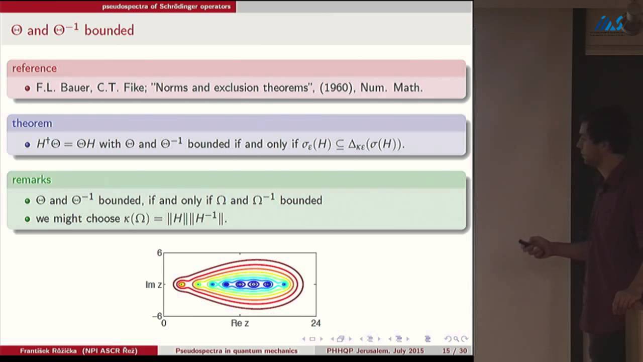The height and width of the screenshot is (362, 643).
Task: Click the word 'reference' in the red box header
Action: [x=34, y=68]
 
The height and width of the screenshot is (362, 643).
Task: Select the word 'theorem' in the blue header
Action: [x=32, y=123]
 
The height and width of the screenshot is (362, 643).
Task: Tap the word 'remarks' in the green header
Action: [x=32, y=179]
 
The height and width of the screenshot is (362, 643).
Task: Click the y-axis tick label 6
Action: [x=159, y=253]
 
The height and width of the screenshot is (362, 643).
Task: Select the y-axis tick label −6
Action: [x=157, y=316]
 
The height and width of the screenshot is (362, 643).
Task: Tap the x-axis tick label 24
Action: [x=315, y=323]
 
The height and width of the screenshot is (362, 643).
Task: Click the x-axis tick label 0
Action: [x=164, y=323]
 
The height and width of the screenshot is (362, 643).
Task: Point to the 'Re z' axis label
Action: [x=240, y=323]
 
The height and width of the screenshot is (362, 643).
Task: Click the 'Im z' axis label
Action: [x=153, y=285]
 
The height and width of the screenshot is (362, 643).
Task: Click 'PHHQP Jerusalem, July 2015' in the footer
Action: [x=375, y=350]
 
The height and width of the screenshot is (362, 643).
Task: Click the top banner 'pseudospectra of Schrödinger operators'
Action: [x=166, y=7]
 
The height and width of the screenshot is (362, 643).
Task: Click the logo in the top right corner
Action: [x=609, y=23]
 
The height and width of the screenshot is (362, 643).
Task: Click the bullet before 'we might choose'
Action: [x=28, y=219]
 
